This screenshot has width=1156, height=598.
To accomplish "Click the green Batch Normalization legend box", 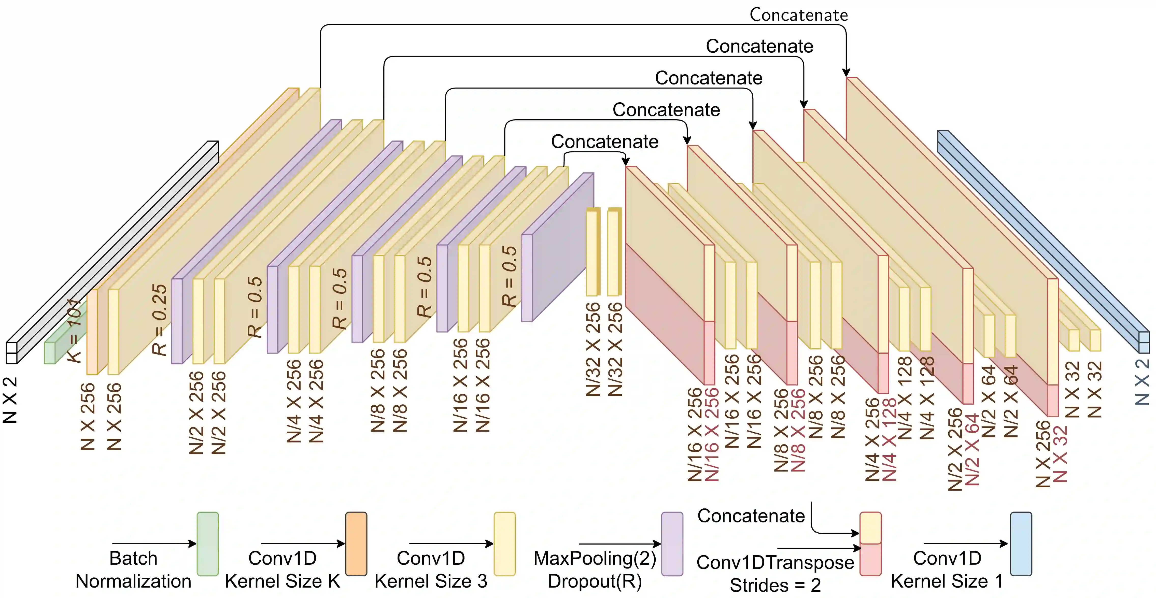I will [x=208, y=544].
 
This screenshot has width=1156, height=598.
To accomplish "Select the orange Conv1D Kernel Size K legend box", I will [x=356, y=544].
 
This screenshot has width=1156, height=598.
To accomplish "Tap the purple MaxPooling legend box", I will [x=672, y=544].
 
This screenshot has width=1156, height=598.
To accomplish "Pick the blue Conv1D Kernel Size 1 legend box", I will [x=1021, y=544].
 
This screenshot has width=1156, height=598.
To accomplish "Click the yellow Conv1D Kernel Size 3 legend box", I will [x=504, y=544].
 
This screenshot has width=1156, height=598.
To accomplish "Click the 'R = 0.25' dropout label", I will [x=159, y=319].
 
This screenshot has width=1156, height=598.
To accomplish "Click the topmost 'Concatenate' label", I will [x=799, y=15].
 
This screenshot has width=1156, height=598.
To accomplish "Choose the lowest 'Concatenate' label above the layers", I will [x=604, y=141].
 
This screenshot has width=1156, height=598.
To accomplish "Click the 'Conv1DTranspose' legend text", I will [x=775, y=562].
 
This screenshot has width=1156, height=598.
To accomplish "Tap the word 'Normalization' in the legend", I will [x=133, y=581].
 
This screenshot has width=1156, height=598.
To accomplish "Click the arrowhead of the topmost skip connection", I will [x=846, y=73].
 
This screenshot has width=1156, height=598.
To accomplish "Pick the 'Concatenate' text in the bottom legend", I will [x=751, y=516].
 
